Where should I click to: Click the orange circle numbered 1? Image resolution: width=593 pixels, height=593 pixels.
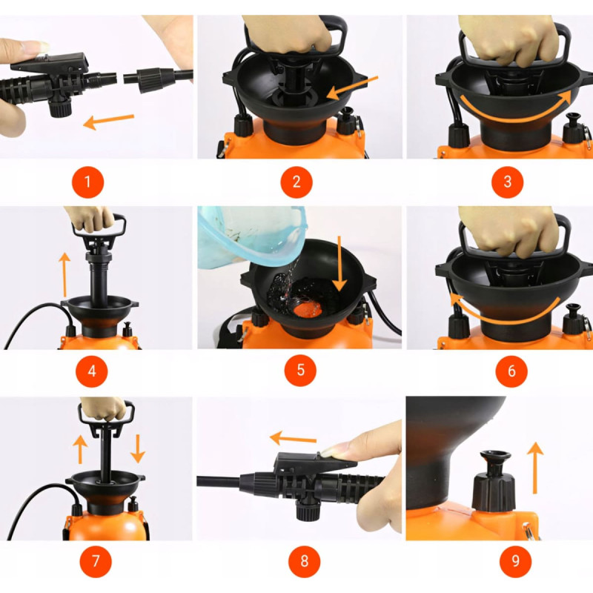pyautogui.click(x=87, y=182)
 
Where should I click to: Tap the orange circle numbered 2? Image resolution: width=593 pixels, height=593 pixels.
pyautogui.click(x=296, y=182)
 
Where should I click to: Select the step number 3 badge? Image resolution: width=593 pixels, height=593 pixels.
pyautogui.click(x=507, y=182)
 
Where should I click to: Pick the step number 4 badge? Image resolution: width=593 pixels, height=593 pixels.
pyautogui.click(x=91, y=371)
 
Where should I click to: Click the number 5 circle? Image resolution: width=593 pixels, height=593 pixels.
pyautogui.click(x=300, y=370)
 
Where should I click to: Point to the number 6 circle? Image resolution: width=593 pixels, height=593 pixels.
pyautogui.click(x=511, y=371)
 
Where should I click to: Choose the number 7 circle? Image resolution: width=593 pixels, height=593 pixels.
pyautogui.click(x=96, y=561)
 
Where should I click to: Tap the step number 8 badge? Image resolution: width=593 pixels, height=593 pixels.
pyautogui.click(x=304, y=561)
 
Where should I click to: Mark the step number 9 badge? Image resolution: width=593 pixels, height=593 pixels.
pyautogui.click(x=515, y=561)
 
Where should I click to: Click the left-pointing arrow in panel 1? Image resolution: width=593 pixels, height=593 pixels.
pyautogui.click(x=108, y=122)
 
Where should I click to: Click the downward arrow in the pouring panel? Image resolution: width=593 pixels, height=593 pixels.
pyautogui.click(x=339, y=264)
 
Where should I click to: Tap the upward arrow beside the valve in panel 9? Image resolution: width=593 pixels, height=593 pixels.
pyautogui.click(x=534, y=468)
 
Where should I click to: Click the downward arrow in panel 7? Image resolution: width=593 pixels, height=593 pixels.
pyautogui.click(x=138, y=449)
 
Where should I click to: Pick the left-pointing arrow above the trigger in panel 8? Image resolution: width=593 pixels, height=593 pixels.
pyautogui.click(x=293, y=439)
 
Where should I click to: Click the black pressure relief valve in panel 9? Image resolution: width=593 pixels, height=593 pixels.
pyautogui.click(x=494, y=480)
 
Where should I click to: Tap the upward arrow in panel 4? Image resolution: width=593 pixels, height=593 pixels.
pyautogui.click(x=64, y=275)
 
